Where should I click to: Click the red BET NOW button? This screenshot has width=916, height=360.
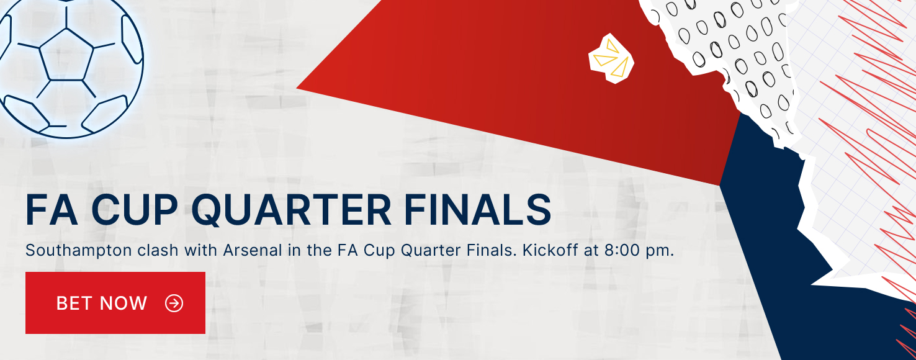pos(115,303)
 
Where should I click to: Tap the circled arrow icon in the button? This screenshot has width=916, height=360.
pos(174,304)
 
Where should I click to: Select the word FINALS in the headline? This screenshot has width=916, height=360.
pos(478,209)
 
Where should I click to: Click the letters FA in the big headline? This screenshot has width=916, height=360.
pos(52,209)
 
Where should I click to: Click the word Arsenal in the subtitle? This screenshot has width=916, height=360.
pos(253,250)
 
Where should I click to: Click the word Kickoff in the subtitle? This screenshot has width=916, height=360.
pos(550,250)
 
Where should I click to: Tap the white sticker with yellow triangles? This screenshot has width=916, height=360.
pos(611,58)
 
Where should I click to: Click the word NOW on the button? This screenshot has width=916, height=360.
pos(123,304)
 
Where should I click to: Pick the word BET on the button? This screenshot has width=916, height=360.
pos(74,304)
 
